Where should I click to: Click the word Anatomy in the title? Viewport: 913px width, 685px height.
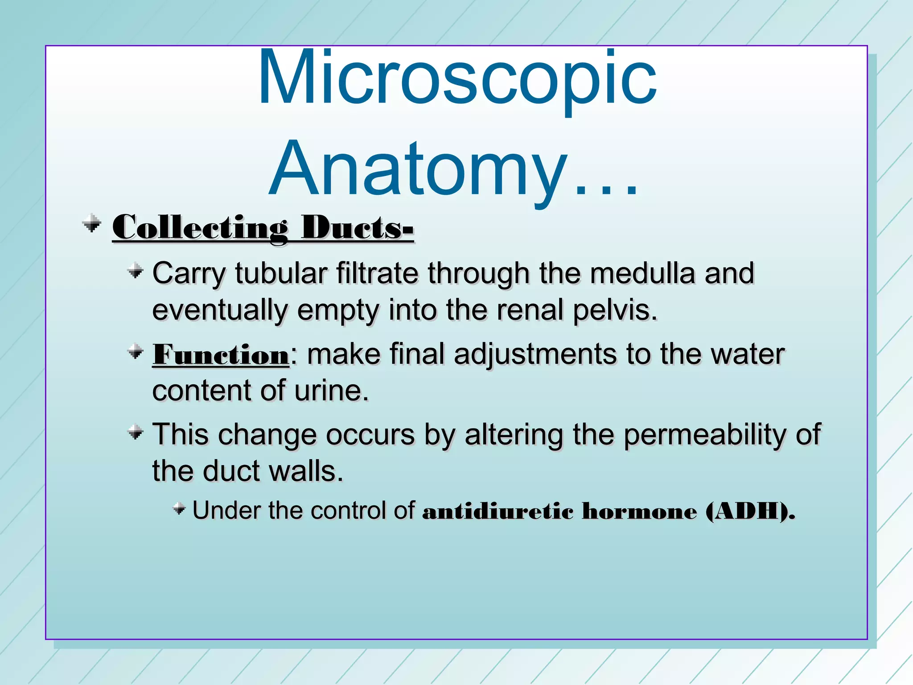(x=419, y=169)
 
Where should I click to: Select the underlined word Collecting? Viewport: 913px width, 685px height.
(x=200, y=228)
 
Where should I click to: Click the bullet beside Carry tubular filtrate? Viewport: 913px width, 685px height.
(x=135, y=270)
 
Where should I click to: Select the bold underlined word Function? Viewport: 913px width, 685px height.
(x=221, y=355)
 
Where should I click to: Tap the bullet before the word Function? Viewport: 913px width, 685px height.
(x=135, y=352)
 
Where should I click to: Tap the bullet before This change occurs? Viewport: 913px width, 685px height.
(x=135, y=432)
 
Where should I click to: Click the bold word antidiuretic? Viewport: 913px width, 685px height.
(x=498, y=511)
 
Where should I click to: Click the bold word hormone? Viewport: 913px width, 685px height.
(x=639, y=511)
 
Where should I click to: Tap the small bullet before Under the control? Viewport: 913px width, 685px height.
(x=179, y=508)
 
